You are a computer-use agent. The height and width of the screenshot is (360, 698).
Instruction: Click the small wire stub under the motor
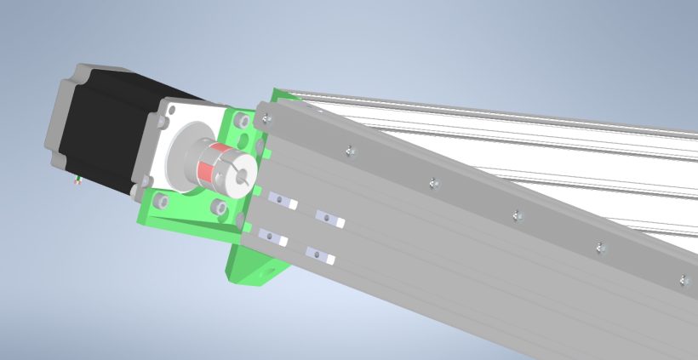pyautogui.click(x=77, y=179)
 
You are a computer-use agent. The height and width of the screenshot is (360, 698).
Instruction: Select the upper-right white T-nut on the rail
pyautogui.click(x=329, y=219)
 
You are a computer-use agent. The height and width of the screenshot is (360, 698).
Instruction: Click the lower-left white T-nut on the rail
pyautogui.click(x=273, y=237)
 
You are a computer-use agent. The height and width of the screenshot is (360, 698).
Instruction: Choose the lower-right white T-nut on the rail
pyautogui.click(x=320, y=254)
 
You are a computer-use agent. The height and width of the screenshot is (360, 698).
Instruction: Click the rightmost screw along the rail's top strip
pyautogui.click(x=683, y=279)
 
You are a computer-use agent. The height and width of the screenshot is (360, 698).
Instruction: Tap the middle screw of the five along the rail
pyautogui.click(x=517, y=215)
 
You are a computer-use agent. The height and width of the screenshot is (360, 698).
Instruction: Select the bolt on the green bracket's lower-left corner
pyautogui.click(x=158, y=201)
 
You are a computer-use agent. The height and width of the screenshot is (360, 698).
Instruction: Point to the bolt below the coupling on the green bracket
pyautogui.click(x=218, y=207)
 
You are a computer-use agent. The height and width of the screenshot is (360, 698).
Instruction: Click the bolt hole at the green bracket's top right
pyautogui.click(x=244, y=122)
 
